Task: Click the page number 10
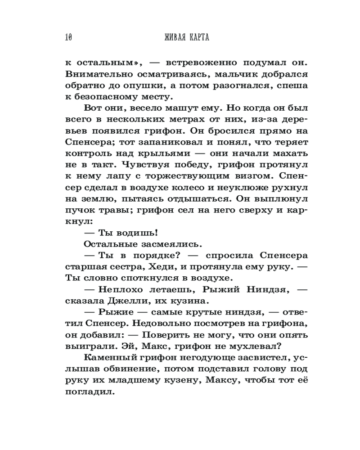[x=68, y=37]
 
